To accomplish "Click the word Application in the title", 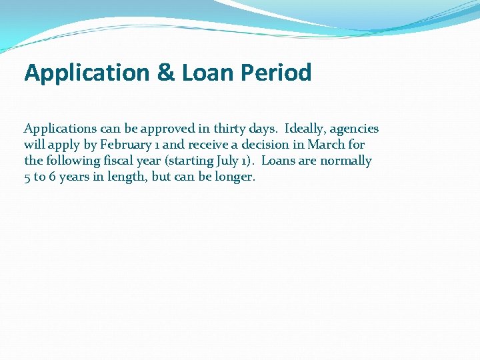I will (x=87, y=73).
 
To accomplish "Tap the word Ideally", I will (x=305, y=129).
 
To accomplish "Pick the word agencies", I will (x=355, y=129).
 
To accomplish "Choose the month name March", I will (x=327, y=145).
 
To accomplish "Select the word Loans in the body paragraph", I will (x=279, y=161).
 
